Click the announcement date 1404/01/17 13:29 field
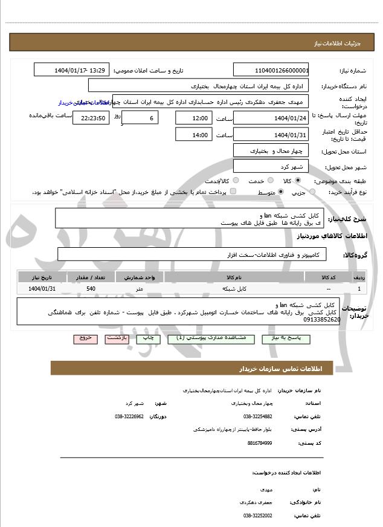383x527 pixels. [x=72, y=70]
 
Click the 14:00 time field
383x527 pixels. [x=193, y=135]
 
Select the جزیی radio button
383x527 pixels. [x=312, y=192]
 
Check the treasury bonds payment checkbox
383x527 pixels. [x=233, y=192]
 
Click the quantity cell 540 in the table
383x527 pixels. [x=91, y=289]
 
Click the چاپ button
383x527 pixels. [x=148, y=338]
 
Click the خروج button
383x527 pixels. [x=84, y=338]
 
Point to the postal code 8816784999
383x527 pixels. [x=259, y=443]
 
